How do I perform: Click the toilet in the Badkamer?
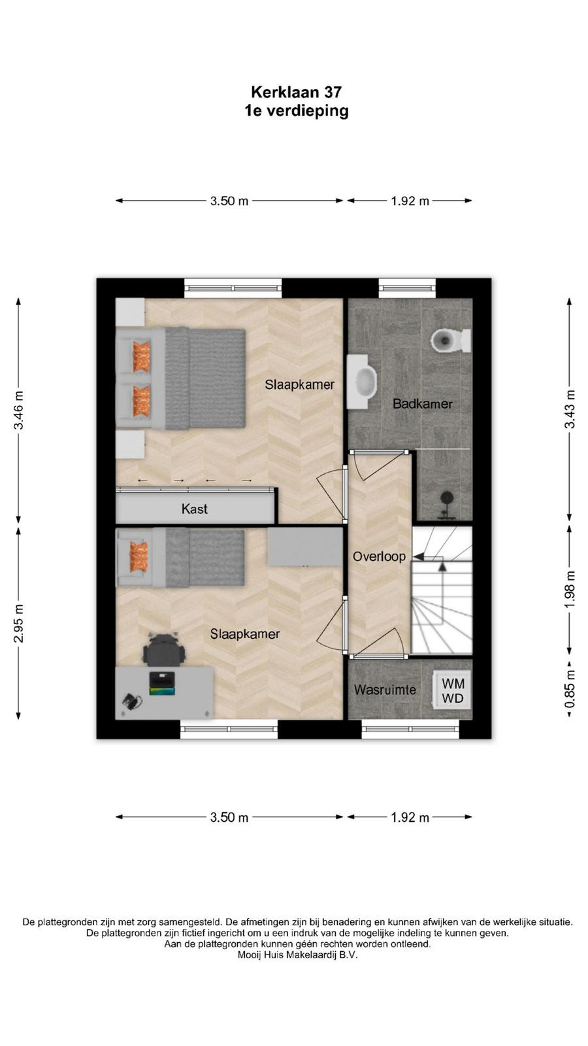[451, 340]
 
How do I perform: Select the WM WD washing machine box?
[451, 690]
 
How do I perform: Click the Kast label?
[195, 509]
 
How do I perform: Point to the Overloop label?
[379, 556]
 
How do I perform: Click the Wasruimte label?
[385, 690]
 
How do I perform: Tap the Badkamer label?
[423, 404]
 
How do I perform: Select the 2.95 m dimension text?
[19, 623]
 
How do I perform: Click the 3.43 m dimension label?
[569, 409]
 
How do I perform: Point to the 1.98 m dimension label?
[569, 589]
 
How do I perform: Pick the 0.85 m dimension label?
[569, 688]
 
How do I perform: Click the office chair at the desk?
[163, 649]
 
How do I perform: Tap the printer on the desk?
[162, 683]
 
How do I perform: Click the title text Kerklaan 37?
[297, 92]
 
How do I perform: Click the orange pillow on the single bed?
[139, 557]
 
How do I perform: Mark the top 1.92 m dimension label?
[410, 201]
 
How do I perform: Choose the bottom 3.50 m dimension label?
[229, 817]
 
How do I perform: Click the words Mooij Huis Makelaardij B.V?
[297, 955]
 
